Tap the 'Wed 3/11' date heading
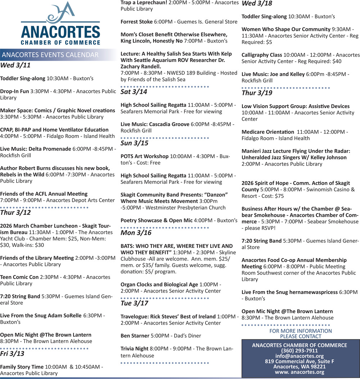[x=15, y=66]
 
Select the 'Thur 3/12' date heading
[x=15, y=213]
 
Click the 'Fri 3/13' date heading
[x=12, y=353]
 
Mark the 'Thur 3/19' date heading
[x=257, y=93]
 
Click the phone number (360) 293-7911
[x=300, y=351]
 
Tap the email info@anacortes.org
[x=300, y=356]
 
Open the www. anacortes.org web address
[x=300, y=372]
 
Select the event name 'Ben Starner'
[x=135, y=336]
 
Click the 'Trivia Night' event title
[x=134, y=349]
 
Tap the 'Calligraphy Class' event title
[x=262, y=55]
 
